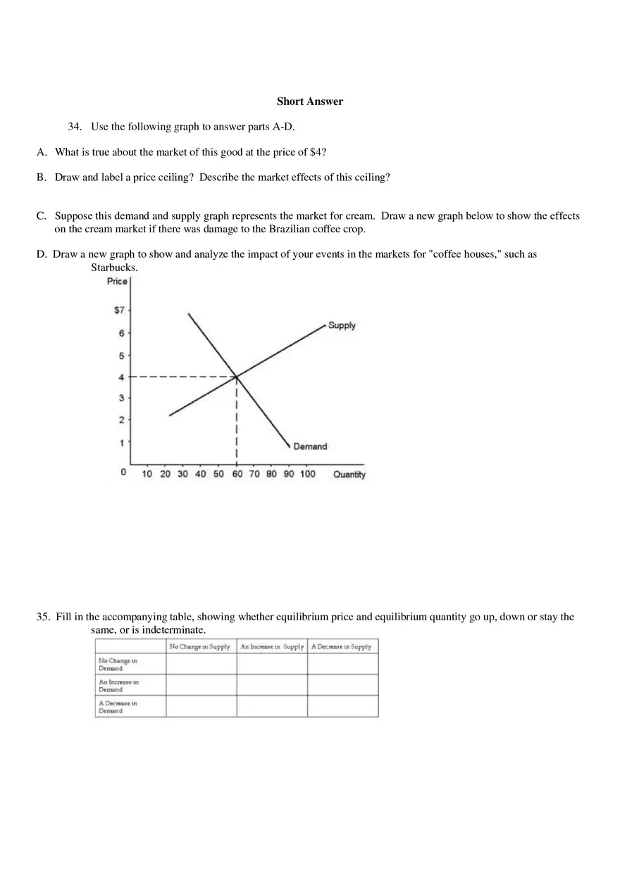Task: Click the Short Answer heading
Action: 309,101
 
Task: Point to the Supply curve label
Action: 342,325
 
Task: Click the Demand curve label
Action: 310,446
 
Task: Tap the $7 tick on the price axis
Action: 119,310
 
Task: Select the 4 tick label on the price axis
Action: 120,377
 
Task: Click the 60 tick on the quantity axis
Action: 237,474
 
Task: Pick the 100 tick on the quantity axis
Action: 307,474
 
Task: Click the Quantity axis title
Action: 349,475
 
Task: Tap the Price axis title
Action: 117,282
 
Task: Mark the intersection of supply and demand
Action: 236,376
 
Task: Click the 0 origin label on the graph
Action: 123,472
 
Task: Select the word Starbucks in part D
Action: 113,268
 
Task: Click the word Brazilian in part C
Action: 291,229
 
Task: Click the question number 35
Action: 43,617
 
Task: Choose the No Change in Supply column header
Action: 200,646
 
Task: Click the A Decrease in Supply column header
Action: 342,646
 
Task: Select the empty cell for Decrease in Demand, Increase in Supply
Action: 271,706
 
